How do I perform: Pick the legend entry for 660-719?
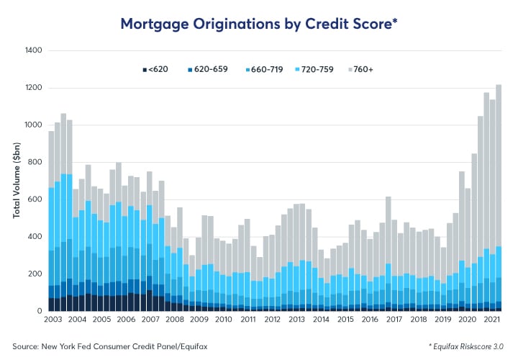click(x=270, y=69)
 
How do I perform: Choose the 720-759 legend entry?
click(x=331, y=69)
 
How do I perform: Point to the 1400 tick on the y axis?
click(x=34, y=51)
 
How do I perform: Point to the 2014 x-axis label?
click(x=322, y=319)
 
